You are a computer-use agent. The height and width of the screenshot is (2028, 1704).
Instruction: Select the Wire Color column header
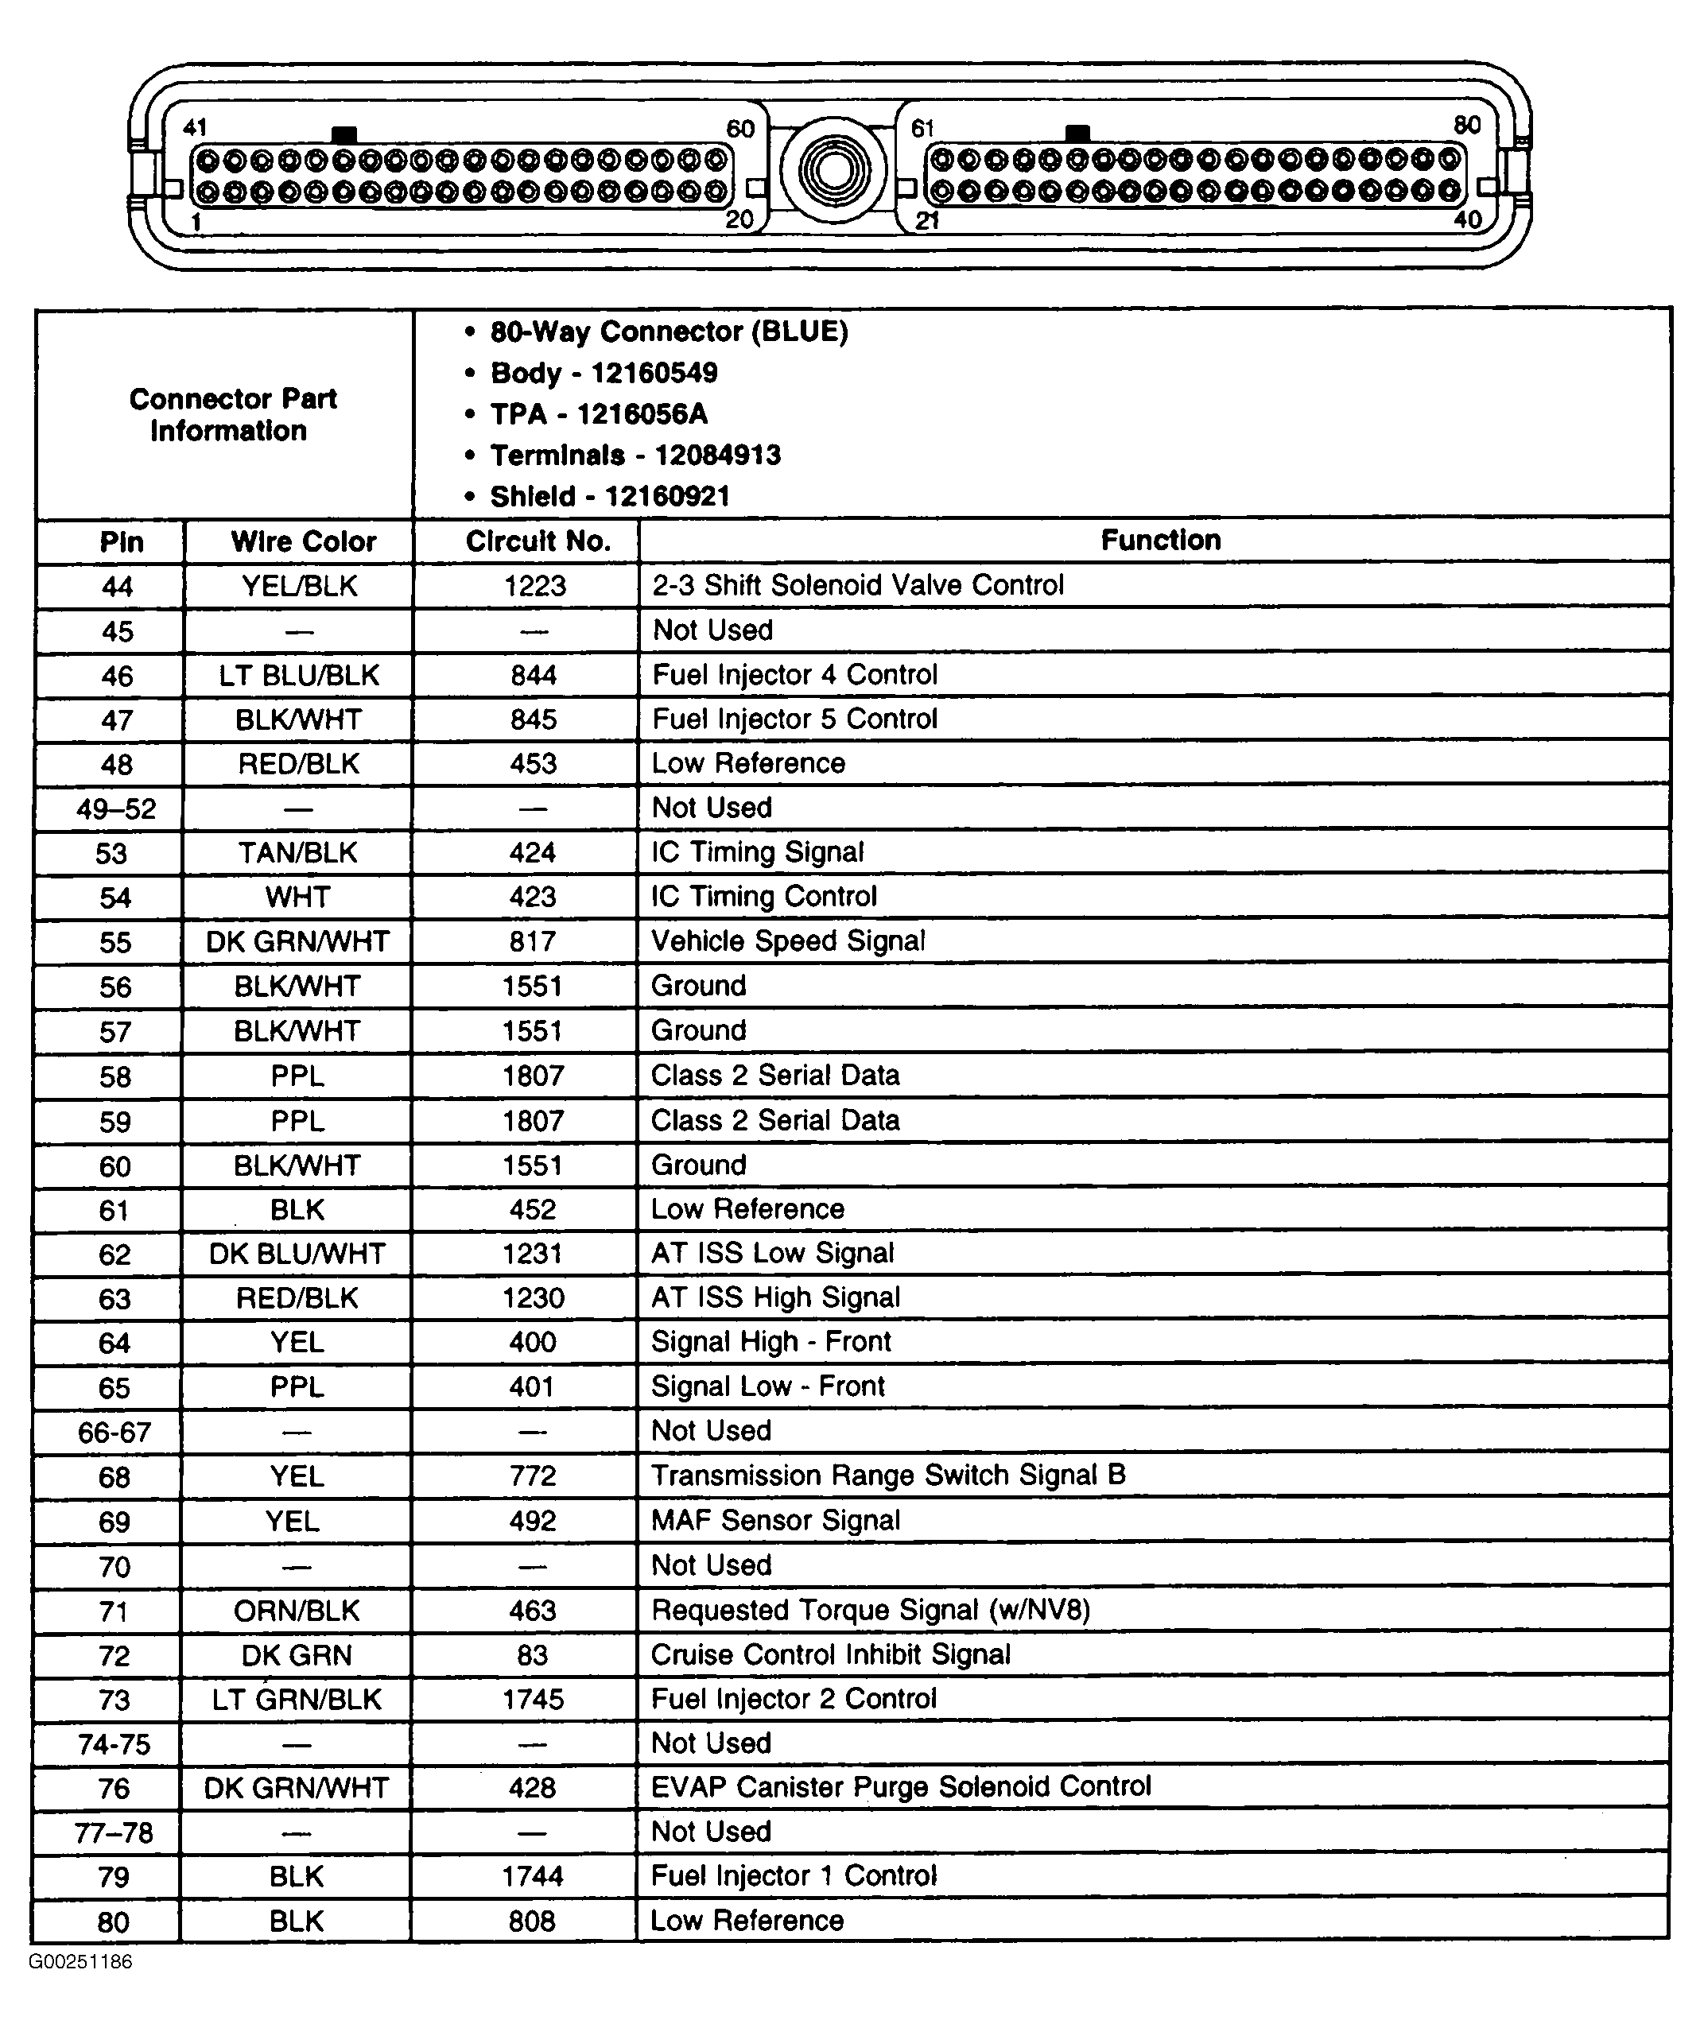point(302,541)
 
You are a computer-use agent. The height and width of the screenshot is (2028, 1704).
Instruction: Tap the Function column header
point(1160,540)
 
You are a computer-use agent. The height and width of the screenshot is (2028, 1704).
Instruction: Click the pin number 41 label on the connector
point(195,127)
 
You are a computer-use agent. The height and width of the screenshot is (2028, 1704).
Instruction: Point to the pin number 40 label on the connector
point(1467,219)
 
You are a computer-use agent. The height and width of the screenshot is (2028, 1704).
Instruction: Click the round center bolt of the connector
point(833,171)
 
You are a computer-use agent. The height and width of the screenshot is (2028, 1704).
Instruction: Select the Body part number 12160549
point(654,373)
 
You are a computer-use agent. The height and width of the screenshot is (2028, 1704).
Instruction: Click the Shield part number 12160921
point(666,496)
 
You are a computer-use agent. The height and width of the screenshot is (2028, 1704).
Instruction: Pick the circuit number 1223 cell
point(534,585)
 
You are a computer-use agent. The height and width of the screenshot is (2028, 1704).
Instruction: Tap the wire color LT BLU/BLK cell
point(298,675)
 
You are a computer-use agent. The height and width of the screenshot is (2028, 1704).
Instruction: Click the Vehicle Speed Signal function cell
point(788,940)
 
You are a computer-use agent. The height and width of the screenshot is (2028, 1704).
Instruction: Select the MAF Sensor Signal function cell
point(774,1520)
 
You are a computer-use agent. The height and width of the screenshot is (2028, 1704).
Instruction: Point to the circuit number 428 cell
point(532,1788)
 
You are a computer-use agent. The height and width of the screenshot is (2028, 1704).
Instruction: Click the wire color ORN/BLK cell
point(297,1610)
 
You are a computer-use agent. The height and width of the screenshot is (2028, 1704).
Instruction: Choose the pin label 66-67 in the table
point(114,1431)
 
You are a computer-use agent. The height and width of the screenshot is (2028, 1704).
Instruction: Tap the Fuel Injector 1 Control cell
point(793,1875)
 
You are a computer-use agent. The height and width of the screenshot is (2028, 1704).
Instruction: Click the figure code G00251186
point(80,1961)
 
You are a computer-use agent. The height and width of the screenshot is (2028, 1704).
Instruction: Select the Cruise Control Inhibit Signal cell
point(831,1654)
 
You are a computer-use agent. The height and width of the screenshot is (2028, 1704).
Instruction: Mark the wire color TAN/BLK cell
point(297,853)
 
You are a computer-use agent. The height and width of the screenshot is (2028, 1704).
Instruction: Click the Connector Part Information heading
point(232,414)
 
